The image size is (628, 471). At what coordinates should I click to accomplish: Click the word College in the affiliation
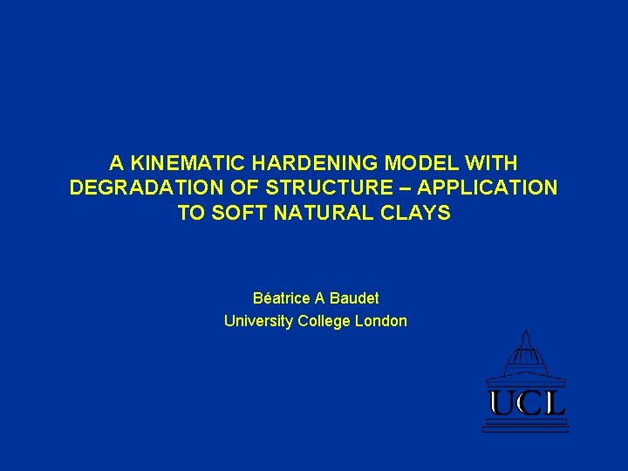[x=324, y=321]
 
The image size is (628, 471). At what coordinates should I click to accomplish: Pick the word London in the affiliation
[x=381, y=321]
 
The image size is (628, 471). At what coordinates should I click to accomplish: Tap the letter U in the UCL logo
[x=503, y=403]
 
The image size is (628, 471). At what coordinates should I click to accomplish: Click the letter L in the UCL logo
[x=555, y=403]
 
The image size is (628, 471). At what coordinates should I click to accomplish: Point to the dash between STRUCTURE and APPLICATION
[x=407, y=188]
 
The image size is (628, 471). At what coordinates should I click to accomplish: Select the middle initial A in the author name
[x=320, y=298]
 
